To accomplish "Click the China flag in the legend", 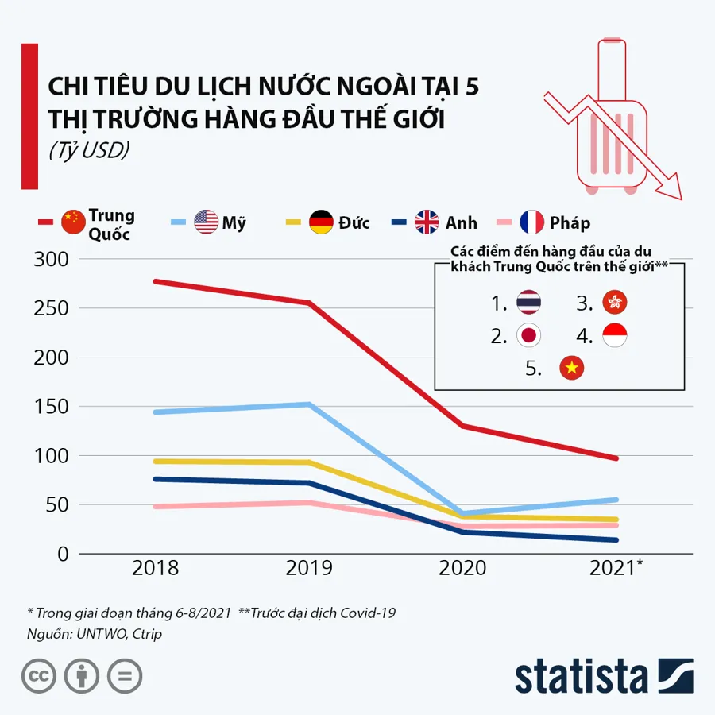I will [x=72, y=222].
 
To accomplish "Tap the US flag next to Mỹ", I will [x=206, y=222].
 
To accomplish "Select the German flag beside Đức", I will [x=321, y=222].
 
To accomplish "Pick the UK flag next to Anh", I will [x=427, y=222].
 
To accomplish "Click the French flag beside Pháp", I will [x=531, y=222].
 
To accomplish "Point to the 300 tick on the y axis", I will [x=52, y=260].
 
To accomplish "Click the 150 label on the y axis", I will [x=52, y=407].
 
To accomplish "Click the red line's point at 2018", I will [x=156, y=281].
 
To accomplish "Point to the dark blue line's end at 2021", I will [x=616, y=540].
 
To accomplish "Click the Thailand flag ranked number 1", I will [x=528, y=303].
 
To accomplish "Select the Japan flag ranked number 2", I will [x=528, y=335].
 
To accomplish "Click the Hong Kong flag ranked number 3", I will [x=615, y=303].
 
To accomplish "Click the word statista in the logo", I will [x=581, y=676].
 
